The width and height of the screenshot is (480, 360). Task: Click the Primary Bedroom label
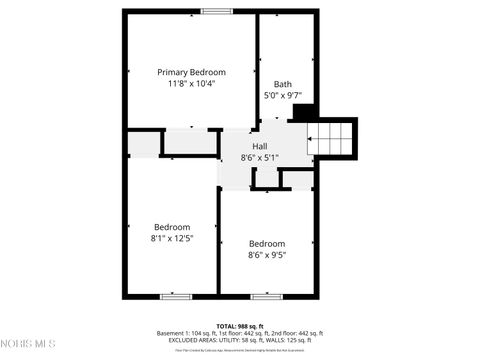[191, 72]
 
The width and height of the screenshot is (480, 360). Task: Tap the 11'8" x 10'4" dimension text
[191, 84]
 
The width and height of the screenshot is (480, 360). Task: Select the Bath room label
[283, 84]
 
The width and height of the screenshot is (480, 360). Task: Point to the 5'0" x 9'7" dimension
[283, 96]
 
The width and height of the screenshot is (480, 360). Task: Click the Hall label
[259, 146]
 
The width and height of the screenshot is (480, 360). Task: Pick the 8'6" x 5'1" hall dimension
[259, 158]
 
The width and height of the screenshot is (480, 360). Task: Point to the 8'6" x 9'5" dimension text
[267, 255]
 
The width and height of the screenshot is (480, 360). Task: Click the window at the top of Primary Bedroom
[217, 11]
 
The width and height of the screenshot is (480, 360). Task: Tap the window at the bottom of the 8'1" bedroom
[176, 296]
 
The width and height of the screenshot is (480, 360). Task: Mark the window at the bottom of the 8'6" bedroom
[265, 296]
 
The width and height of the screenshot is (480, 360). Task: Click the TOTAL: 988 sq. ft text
[239, 326]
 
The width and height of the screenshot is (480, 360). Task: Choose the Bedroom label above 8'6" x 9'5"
[267, 243]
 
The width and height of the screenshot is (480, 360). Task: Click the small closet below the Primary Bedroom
[190, 143]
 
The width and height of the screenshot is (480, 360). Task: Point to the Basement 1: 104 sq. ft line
[239, 333]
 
